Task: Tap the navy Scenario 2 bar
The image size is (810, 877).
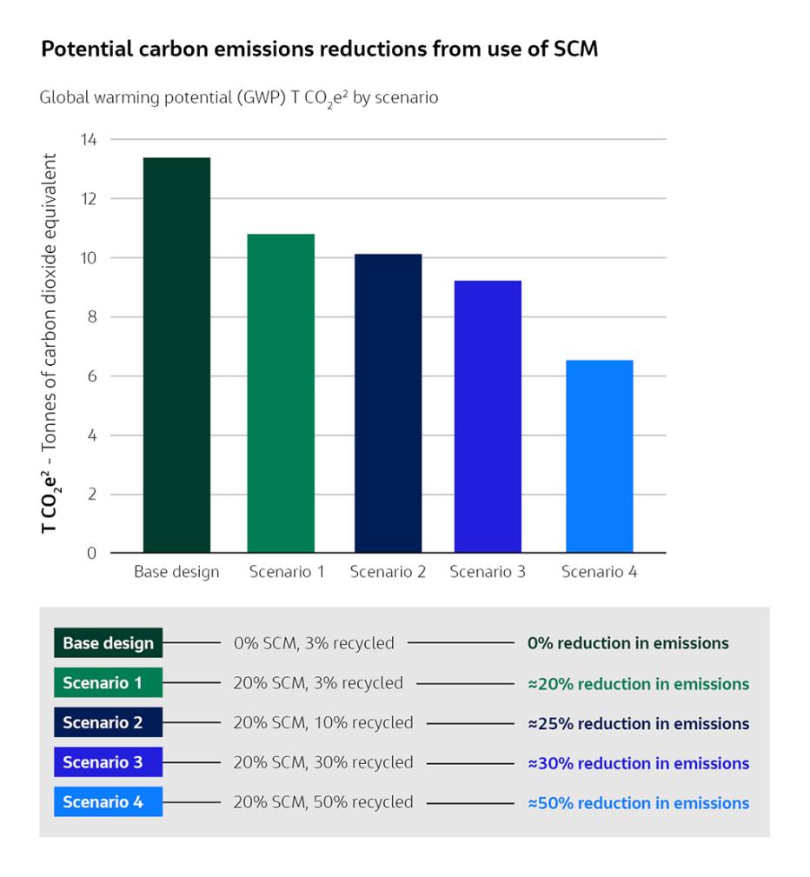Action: click(x=388, y=403)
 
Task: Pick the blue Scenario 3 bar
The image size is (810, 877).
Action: click(x=488, y=416)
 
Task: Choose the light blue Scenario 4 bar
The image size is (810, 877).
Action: click(x=599, y=456)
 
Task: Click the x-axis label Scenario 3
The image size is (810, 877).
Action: click(x=488, y=572)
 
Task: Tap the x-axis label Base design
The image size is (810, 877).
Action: click(x=176, y=572)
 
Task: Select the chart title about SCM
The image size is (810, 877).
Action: click(x=319, y=50)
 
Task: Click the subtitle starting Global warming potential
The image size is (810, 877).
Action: click(x=239, y=97)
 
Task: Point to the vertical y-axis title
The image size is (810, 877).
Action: click(x=52, y=343)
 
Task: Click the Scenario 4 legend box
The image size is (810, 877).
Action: click(x=108, y=801)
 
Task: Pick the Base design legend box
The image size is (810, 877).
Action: click(x=108, y=643)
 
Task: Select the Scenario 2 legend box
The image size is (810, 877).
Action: click(x=108, y=722)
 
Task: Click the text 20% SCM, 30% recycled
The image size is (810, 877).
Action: click(x=322, y=762)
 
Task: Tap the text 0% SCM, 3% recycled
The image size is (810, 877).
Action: click(x=313, y=643)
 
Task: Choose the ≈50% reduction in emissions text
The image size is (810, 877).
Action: click(x=638, y=802)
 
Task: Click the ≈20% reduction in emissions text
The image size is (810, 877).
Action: click(x=638, y=684)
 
